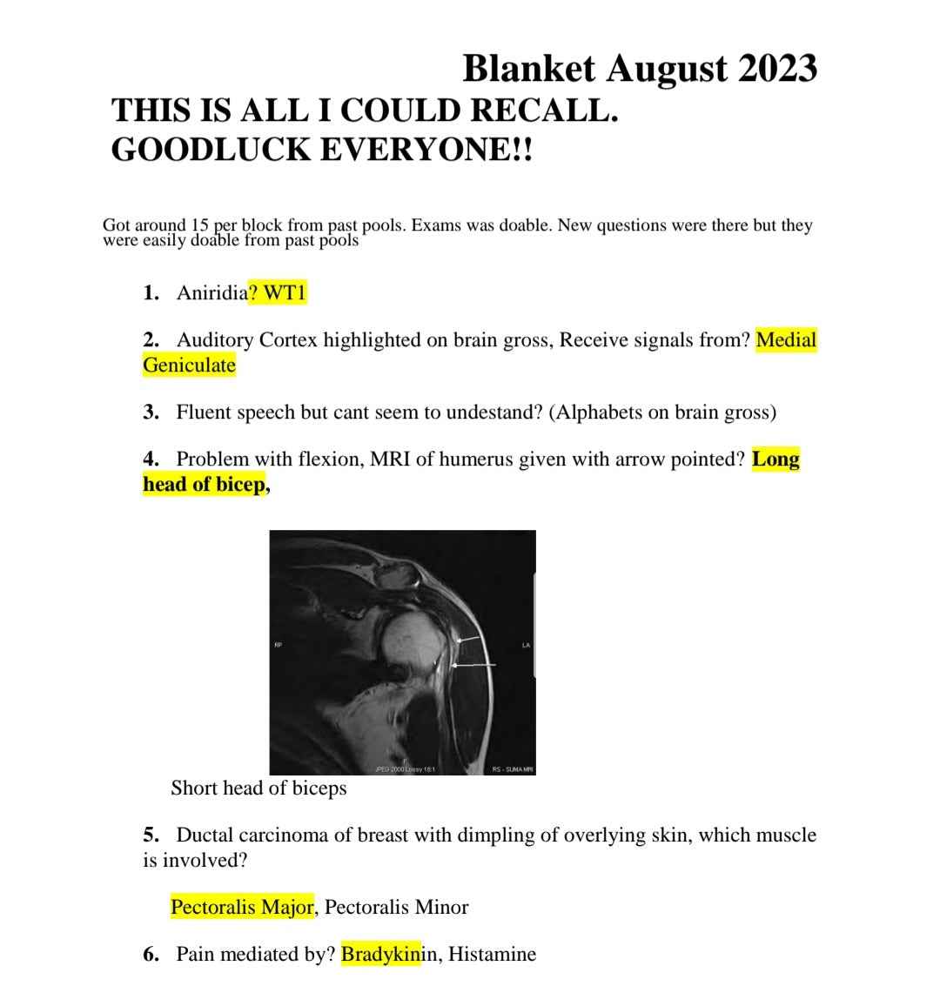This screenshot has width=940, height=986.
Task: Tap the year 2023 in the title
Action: click(x=777, y=68)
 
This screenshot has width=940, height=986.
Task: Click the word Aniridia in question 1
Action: click(x=211, y=292)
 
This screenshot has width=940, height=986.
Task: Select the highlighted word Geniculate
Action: click(x=189, y=365)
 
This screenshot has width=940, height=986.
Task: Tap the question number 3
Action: click(x=151, y=412)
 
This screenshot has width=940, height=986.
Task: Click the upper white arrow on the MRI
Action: click(x=468, y=640)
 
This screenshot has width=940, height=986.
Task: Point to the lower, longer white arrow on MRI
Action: click(x=473, y=665)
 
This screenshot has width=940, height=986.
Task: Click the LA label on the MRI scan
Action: click(x=526, y=645)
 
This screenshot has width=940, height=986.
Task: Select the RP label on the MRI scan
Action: click(x=279, y=645)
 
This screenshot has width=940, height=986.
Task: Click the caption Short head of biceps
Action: click(x=258, y=788)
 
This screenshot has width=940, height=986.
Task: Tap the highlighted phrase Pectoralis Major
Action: click(x=242, y=907)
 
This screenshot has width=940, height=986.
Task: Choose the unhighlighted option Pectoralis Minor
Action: click(x=396, y=907)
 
